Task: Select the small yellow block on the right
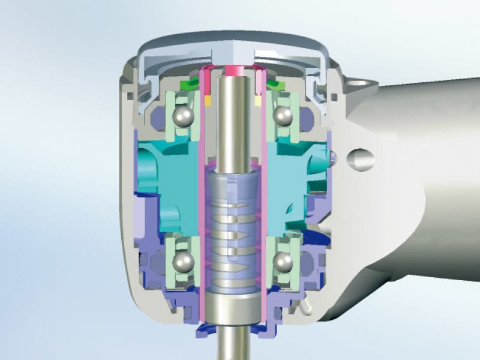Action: click(x=257, y=101)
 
